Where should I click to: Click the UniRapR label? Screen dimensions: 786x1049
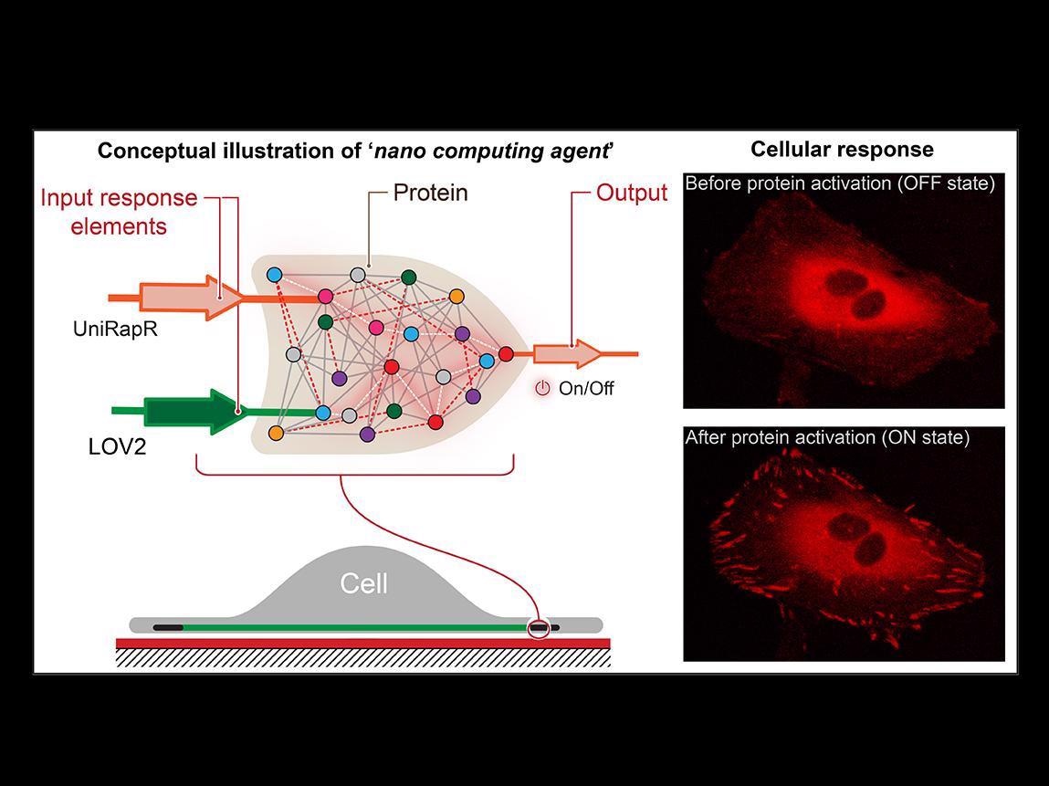pyautogui.click(x=115, y=330)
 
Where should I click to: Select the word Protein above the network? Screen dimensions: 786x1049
pyautogui.click(x=430, y=194)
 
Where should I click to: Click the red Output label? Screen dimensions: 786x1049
pyautogui.click(x=632, y=194)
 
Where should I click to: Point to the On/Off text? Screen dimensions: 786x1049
pyautogui.click(x=586, y=389)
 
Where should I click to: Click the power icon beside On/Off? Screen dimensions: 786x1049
pyautogui.click(x=542, y=388)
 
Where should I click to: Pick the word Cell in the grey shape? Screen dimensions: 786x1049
pyautogui.click(x=364, y=583)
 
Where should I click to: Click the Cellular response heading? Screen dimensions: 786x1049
pyautogui.click(x=842, y=150)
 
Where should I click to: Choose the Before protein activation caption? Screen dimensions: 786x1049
pyautogui.click(x=839, y=183)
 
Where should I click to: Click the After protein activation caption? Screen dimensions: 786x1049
pyautogui.click(x=827, y=438)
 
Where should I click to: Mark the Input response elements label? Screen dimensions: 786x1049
pyautogui.click(x=119, y=212)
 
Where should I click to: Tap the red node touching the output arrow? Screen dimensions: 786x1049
pyautogui.click(x=506, y=354)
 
